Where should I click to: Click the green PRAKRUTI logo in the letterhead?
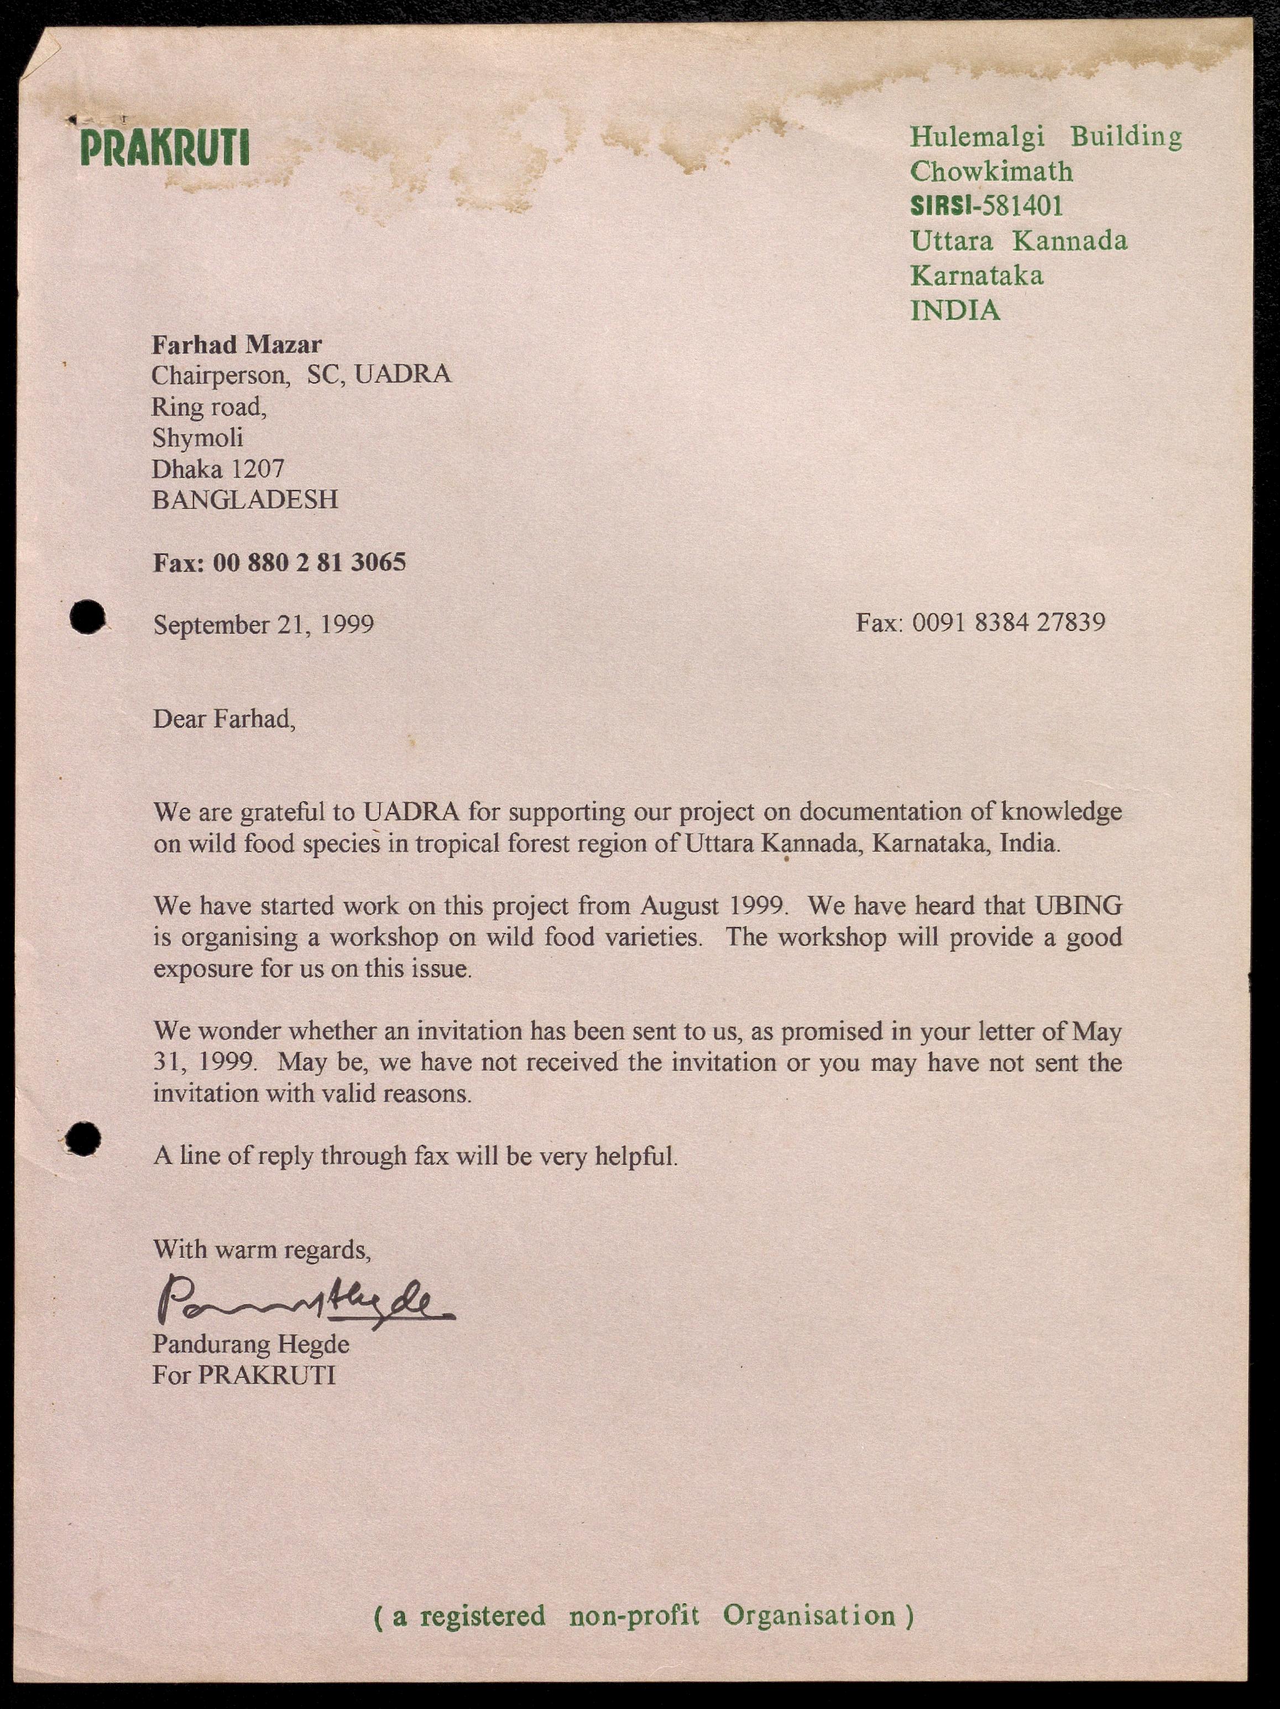pos(165,148)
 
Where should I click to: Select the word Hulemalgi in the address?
pos(976,136)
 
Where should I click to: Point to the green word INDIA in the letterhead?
pos(955,311)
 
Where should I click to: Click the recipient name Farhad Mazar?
pos(237,344)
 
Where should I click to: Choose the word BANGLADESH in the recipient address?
pos(245,500)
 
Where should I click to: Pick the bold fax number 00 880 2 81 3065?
pos(309,562)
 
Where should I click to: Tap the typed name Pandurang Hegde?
pos(250,1345)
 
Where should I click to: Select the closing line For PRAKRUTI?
pos(243,1375)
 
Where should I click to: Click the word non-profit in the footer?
pos(634,1615)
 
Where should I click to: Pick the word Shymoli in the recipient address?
pos(197,437)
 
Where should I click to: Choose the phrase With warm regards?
pos(262,1249)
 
